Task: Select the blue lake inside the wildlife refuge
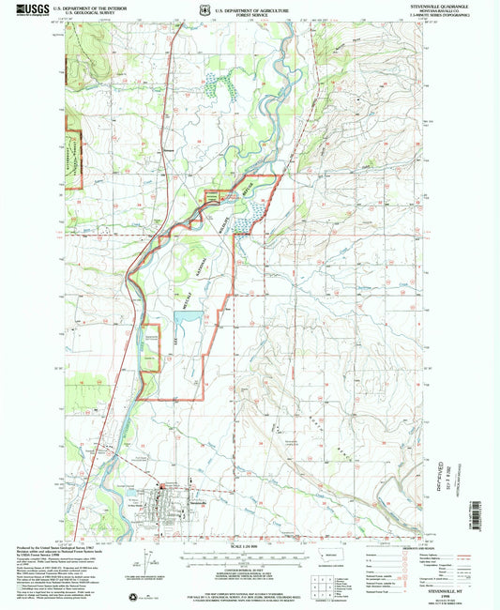tap(187, 319)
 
